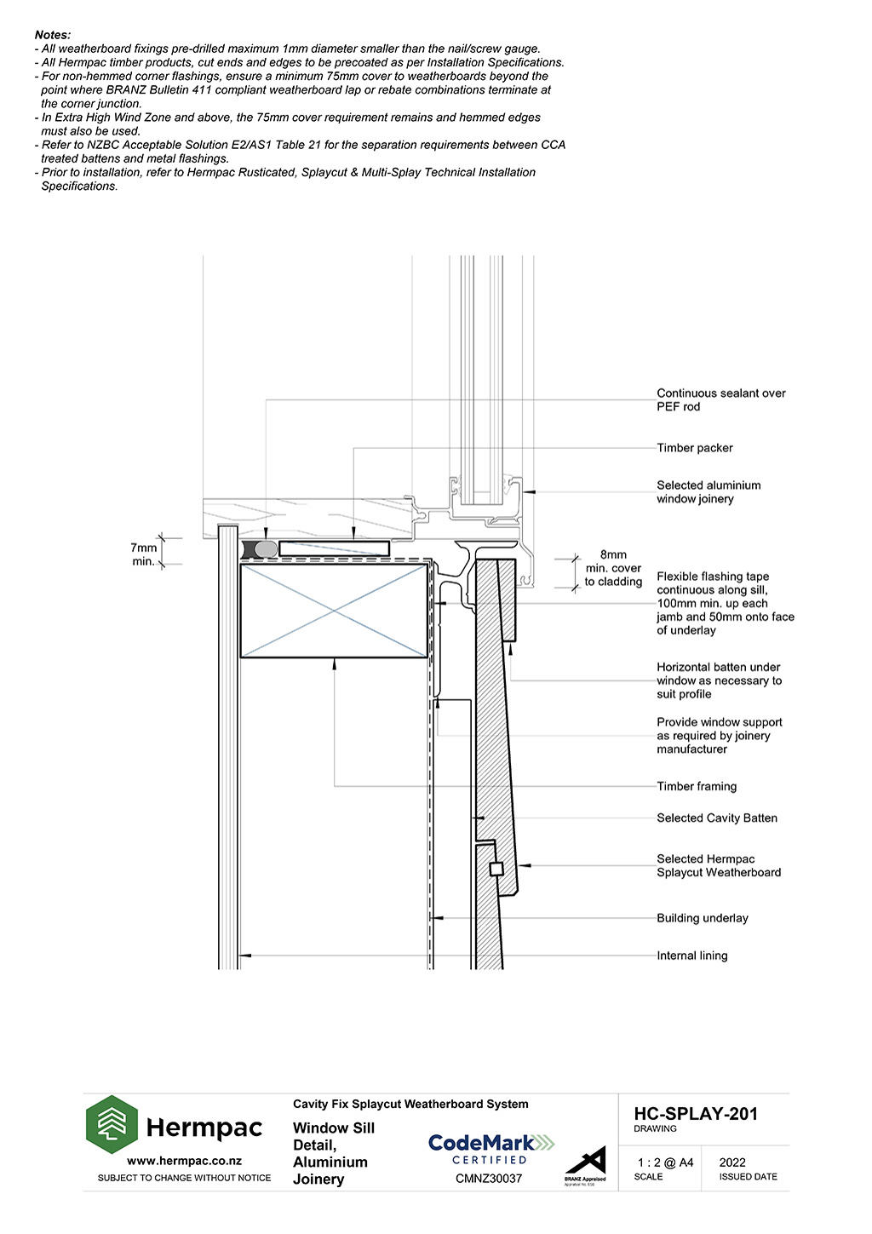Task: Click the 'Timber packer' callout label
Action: tap(694, 448)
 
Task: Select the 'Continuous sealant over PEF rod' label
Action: tap(720, 400)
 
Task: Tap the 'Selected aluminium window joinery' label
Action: tap(708, 492)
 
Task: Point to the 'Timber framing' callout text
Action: tap(697, 786)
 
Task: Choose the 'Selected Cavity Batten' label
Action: tap(717, 818)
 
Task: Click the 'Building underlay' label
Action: tap(703, 918)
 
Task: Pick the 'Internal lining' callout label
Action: tap(691, 956)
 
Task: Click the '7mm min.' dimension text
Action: tap(143, 554)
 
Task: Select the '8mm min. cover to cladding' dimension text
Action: tap(613, 568)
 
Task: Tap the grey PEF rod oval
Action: tap(267, 549)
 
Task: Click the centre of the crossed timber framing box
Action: tap(334, 611)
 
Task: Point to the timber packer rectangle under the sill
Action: tap(334, 548)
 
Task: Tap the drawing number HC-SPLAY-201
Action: tap(696, 1114)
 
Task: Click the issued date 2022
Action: tap(732, 1162)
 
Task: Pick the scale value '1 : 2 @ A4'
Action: tap(665, 1162)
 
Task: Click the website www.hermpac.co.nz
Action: tap(184, 1161)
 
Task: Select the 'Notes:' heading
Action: tap(52, 35)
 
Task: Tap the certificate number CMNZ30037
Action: tap(489, 1179)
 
